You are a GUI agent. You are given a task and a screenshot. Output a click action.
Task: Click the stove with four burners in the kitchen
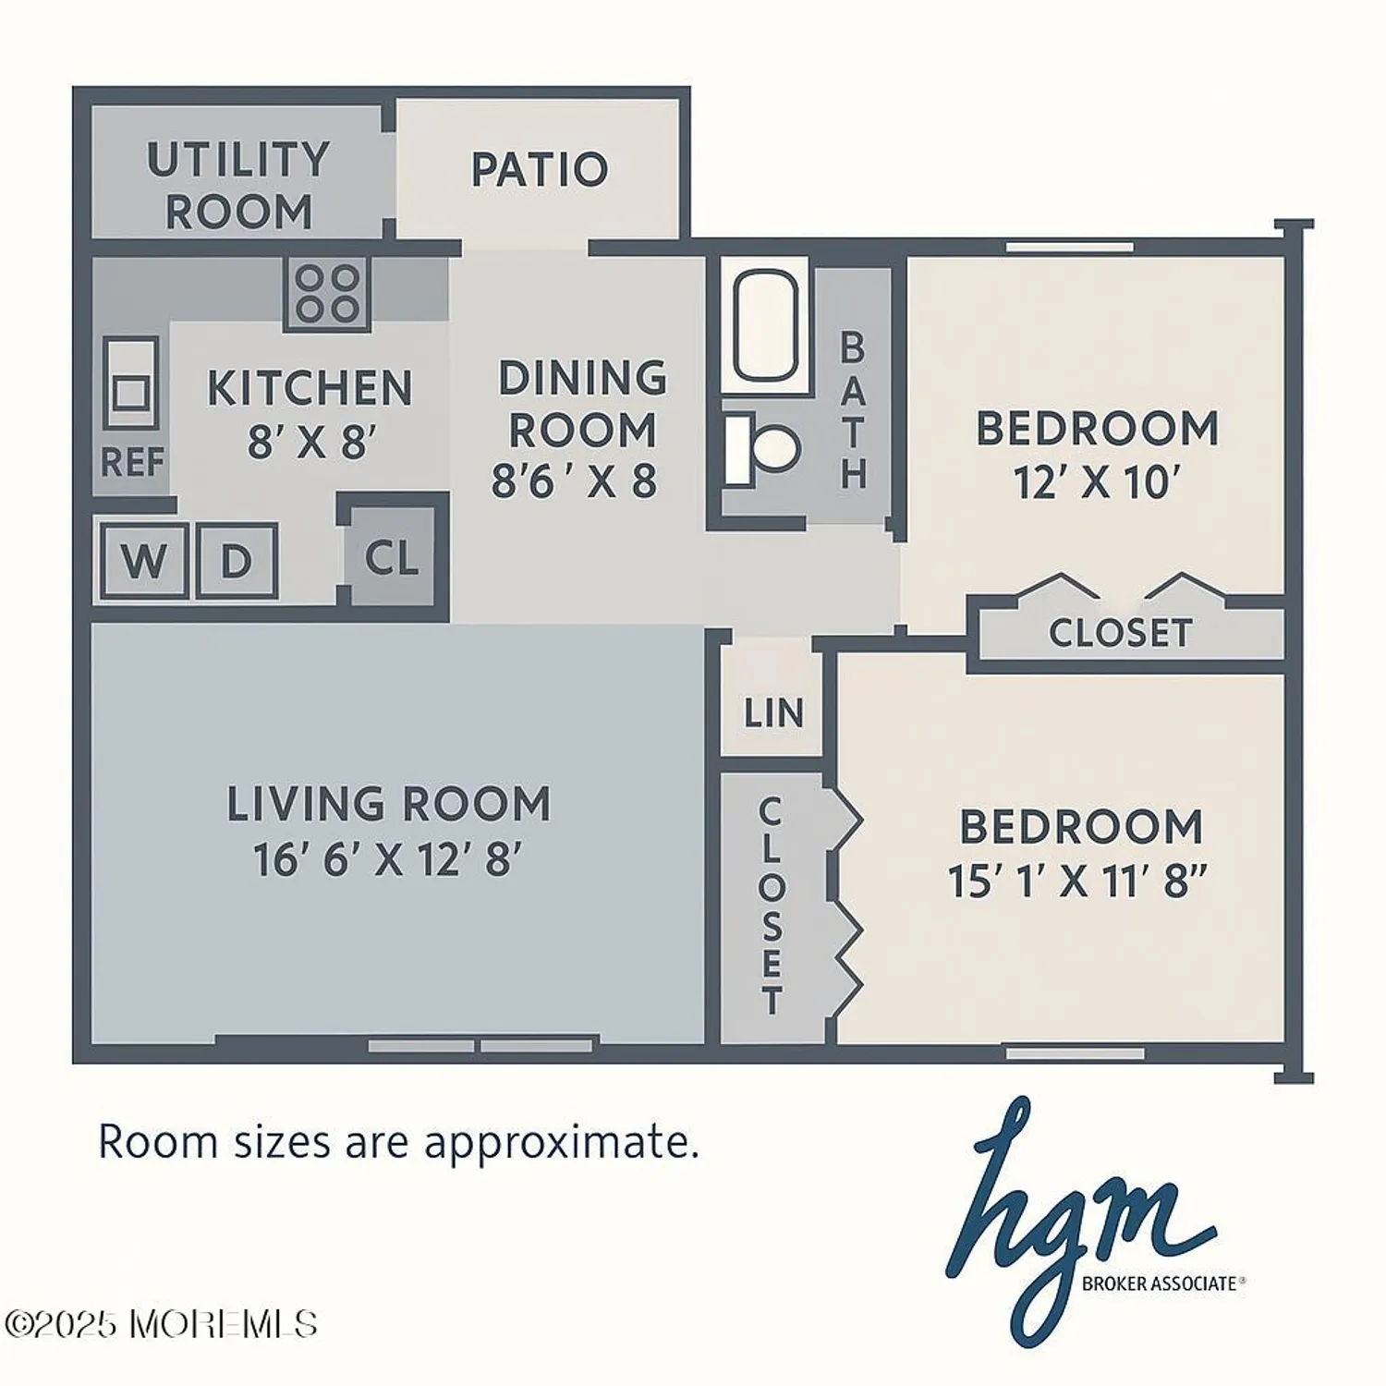(x=327, y=294)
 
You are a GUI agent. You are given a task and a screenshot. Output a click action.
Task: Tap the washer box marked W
(x=143, y=560)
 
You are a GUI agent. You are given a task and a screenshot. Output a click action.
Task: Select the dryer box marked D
(x=236, y=560)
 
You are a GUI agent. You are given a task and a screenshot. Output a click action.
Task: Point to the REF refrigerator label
(x=132, y=462)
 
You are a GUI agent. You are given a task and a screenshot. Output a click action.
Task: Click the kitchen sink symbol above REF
(x=130, y=383)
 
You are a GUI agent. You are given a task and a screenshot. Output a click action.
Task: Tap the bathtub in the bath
(x=765, y=325)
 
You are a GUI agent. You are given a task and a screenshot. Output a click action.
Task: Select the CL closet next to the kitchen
(x=392, y=557)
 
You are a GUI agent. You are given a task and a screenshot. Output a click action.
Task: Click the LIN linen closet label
(x=773, y=713)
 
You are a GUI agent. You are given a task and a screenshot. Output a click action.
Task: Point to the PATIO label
(x=540, y=170)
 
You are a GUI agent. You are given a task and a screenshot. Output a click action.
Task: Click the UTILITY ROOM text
(x=238, y=186)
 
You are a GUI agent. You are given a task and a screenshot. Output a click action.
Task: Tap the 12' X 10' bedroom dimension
(x=1097, y=482)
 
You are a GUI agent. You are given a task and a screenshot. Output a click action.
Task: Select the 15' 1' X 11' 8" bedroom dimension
(x=1077, y=881)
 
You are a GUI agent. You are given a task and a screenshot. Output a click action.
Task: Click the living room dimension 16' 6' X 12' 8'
(x=387, y=859)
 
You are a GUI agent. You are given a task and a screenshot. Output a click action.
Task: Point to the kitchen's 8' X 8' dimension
(x=311, y=443)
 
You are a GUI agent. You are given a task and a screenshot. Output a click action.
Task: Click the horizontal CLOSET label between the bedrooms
(x=1120, y=633)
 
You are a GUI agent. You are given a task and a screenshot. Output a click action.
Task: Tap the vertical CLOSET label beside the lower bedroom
(x=771, y=906)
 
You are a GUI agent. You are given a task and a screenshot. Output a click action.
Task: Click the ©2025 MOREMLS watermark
(x=161, y=1324)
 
